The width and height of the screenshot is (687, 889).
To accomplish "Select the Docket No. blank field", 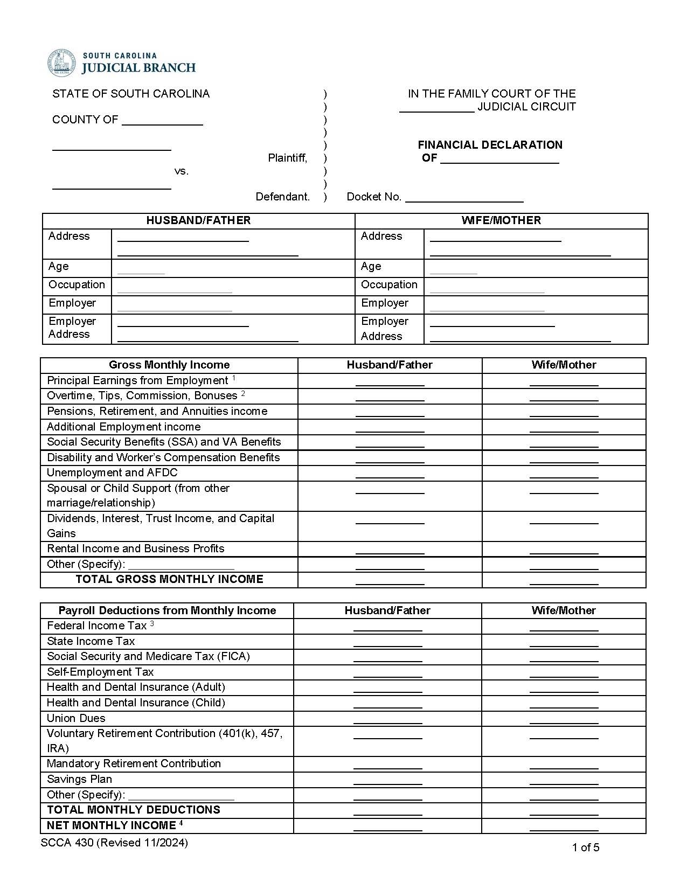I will pos(464,198).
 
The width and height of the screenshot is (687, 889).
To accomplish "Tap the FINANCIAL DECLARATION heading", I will pos(490,145).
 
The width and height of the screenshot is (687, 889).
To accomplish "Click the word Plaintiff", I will pos(287,158).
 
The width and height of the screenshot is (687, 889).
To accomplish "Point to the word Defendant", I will pos(282,197).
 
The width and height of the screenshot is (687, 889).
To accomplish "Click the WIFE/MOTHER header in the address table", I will pos(501,220).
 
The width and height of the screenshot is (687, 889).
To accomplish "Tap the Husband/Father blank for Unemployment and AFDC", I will pos(390,474).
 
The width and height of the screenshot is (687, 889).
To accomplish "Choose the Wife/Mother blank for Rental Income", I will pos(564,550).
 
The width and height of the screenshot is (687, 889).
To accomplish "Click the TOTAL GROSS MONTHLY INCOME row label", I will pos(169,579).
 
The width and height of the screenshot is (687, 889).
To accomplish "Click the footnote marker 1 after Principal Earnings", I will pos(234,379).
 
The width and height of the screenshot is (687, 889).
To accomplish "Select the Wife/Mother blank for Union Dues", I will pos(564,719).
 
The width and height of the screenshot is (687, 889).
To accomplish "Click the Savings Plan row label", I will pos(79,779).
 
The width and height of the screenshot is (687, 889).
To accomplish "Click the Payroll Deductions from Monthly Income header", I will pos(167,610).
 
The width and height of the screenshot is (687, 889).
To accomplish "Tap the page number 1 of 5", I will pos(585,848).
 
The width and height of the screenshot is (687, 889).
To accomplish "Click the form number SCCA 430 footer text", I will pos(114,843).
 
